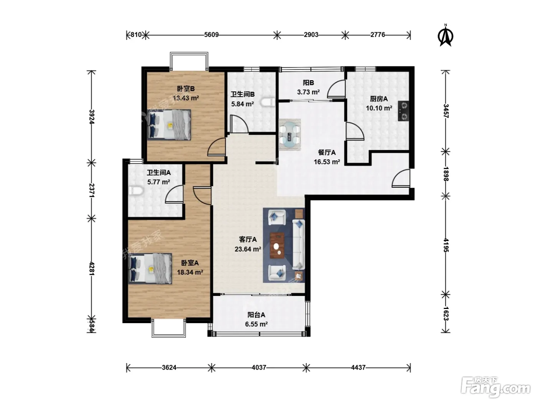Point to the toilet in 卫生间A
click(136, 191)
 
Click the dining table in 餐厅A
click(290, 135)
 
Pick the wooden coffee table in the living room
click(277, 245)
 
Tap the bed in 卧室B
click(169, 125)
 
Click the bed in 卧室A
click(150, 269)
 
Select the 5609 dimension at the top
click(211, 35)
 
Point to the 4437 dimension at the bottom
click(358, 368)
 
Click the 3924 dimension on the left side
click(92, 117)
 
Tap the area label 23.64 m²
click(248, 249)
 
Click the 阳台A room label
click(256, 315)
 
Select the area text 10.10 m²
click(379, 108)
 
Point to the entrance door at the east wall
click(401, 178)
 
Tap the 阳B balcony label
click(308, 83)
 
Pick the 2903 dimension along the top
click(311, 35)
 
